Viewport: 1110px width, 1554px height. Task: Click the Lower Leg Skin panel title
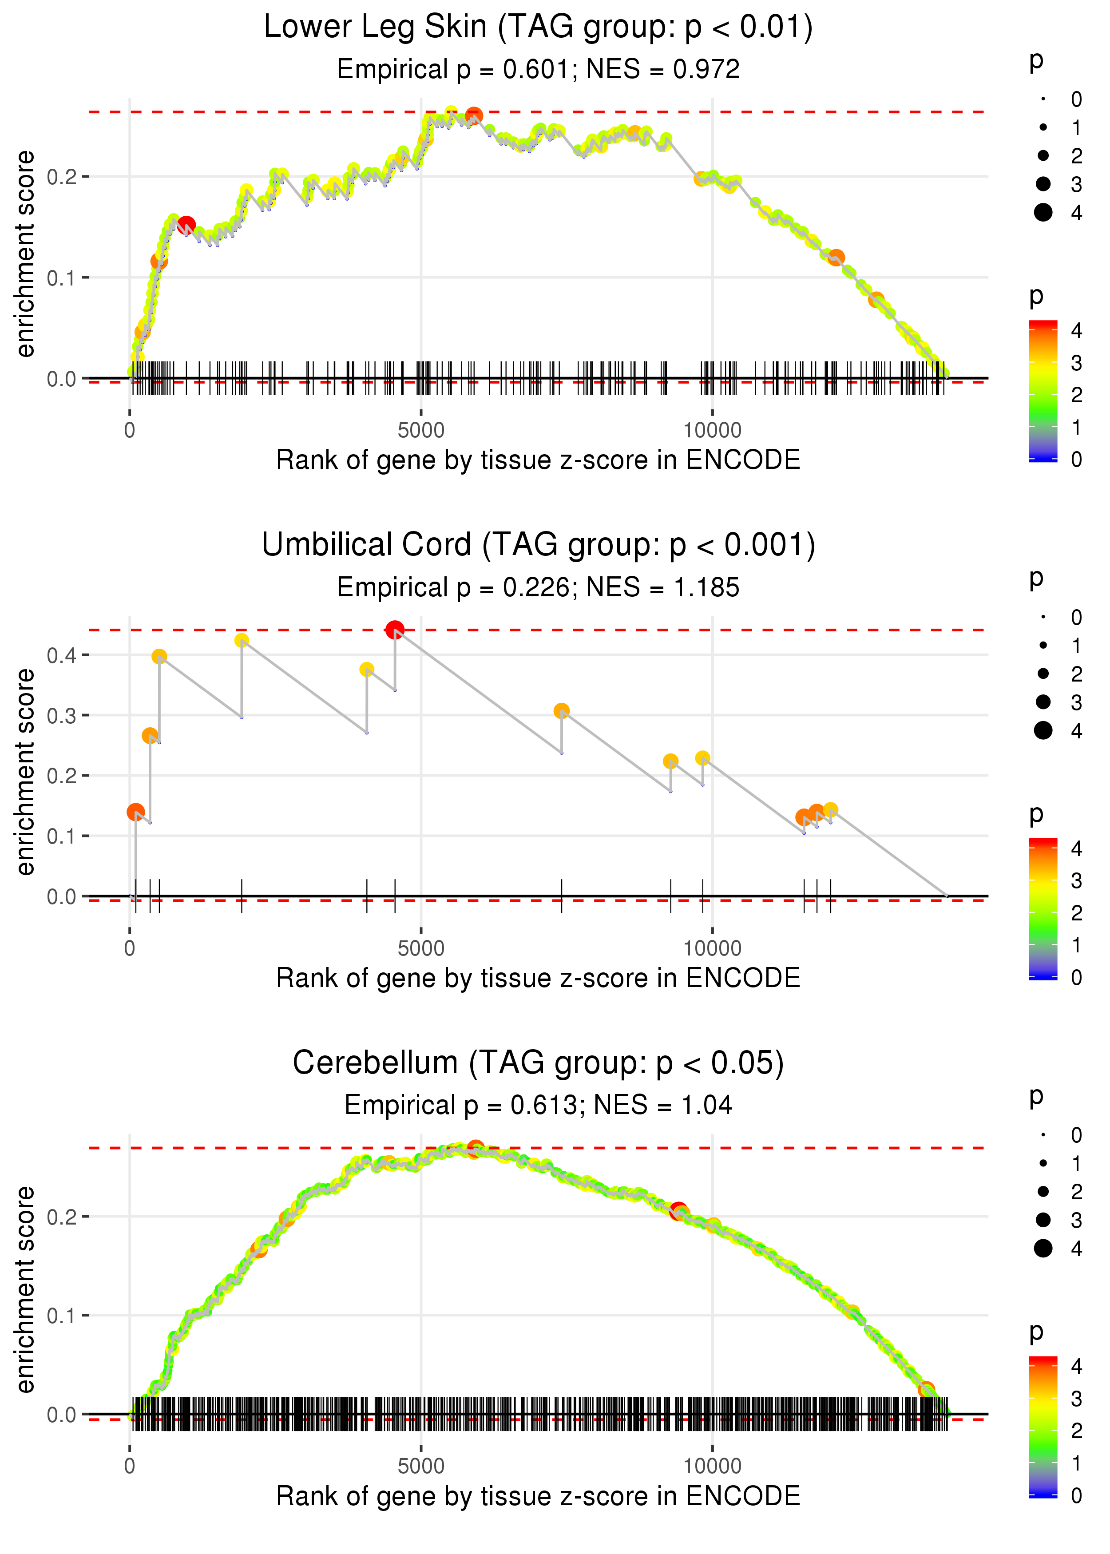(538, 28)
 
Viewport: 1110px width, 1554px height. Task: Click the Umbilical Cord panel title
(538, 545)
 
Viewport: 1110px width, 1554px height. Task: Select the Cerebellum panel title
(538, 1063)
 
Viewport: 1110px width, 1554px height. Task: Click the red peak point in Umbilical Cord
(394, 630)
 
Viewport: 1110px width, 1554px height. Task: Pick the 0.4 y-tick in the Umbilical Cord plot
(62, 655)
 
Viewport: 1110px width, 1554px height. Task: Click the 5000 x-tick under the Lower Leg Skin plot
(420, 431)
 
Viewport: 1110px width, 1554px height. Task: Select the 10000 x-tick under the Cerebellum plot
(712, 1467)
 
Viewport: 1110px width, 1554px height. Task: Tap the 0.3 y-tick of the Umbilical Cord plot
(62, 715)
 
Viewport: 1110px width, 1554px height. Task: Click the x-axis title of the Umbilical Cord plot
(538, 979)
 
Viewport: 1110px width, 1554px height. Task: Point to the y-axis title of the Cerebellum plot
(25, 1289)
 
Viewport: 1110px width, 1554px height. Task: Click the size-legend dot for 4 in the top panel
(1043, 213)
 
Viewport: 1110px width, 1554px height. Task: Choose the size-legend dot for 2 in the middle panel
(1043, 674)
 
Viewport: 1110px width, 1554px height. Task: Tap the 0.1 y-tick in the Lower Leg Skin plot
(62, 278)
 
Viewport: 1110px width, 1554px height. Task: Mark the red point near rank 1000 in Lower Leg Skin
(186, 225)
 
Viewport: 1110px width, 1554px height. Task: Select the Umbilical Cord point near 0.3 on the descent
(561, 711)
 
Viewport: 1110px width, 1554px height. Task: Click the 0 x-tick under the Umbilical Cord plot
(130, 948)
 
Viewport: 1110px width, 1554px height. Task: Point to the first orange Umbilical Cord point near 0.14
(135, 812)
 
